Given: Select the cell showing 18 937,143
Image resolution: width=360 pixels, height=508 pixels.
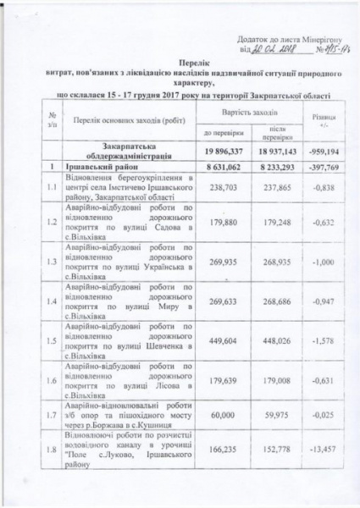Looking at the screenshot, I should [x=279, y=151].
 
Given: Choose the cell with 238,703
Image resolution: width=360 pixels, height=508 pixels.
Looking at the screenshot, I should [x=221, y=190].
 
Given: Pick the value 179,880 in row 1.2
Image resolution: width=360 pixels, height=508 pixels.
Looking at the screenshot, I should [x=221, y=224].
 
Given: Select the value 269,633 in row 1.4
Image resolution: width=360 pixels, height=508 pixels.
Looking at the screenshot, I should [x=221, y=301].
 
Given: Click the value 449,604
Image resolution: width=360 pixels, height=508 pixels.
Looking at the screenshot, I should [x=221, y=343].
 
